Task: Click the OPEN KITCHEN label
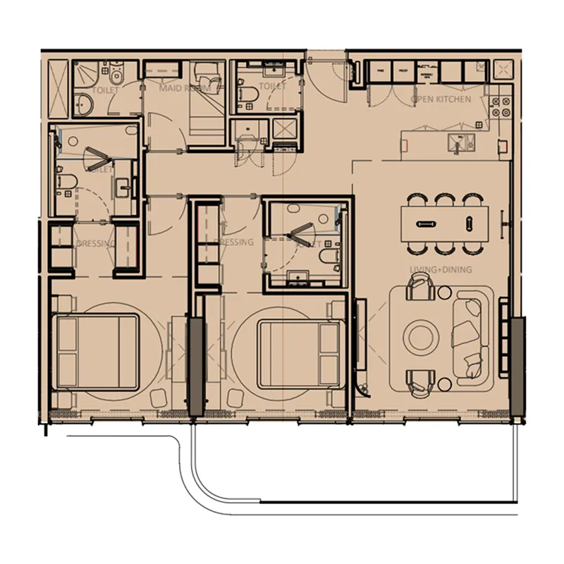(441, 100)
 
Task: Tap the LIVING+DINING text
(441, 270)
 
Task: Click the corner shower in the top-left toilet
(84, 73)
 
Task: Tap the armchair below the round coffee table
(420, 381)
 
